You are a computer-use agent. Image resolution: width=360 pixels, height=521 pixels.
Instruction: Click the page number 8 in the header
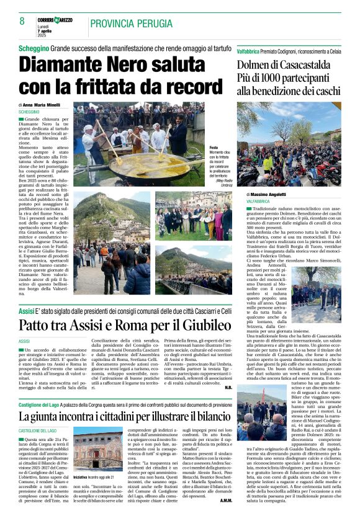[x=22, y=21]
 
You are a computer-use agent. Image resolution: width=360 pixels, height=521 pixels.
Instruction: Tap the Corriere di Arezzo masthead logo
[x=54, y=20]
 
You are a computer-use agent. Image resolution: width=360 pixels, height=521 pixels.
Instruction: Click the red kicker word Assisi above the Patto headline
[x=26, y=309]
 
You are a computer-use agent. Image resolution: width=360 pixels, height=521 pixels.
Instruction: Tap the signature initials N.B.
[x=227, y=387]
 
